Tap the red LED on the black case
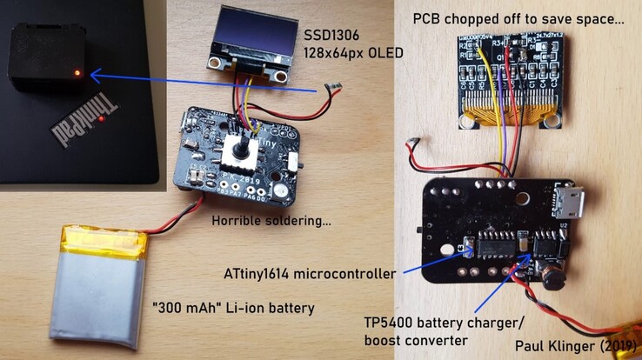coord(78,72)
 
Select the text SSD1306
coord(331,36)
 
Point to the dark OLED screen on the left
coord(249,39)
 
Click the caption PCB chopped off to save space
coord(518,17)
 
